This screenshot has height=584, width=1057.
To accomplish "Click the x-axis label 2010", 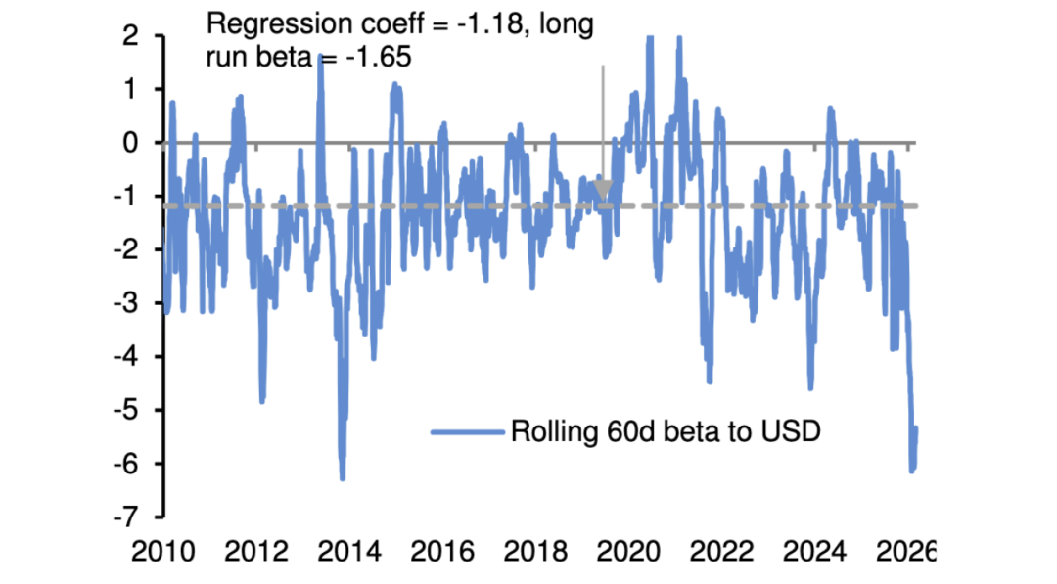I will (161, 555).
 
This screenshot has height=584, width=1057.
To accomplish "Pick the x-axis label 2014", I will (348, 555).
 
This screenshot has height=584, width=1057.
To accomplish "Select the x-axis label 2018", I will (534, 555).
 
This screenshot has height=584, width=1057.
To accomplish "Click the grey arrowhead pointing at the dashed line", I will (603, 191).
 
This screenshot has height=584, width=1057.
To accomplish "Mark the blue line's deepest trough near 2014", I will (343, 478).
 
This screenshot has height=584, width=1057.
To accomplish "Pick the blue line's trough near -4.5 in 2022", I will (710, 382).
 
